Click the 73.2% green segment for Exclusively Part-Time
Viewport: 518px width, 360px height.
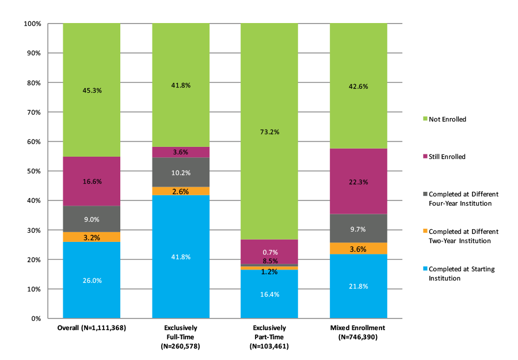[x=269, y=131]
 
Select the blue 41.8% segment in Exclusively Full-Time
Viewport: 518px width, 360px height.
[x=180, y=256]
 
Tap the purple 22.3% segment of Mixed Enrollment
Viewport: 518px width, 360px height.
[x=358, y=181]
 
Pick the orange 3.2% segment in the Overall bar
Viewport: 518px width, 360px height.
[x=92, y=237]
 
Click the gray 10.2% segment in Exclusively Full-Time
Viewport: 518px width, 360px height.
[x=180, y=172]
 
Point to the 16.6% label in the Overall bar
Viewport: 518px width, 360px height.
[x=92, y=181]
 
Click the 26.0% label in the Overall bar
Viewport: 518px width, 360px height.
[x=92, y=281]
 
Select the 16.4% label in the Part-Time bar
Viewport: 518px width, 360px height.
[x=269, y=294]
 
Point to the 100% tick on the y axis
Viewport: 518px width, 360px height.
[x=32, y=24]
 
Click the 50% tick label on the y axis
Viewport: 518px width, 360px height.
[x=34, y=171]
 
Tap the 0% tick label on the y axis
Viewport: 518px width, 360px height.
[x=36, y=319]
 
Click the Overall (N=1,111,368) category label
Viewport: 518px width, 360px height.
[x=92, y=328]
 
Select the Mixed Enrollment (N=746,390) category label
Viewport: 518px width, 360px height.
[x=358, y=332]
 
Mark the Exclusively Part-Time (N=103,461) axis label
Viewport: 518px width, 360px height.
[x=269, y=337]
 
